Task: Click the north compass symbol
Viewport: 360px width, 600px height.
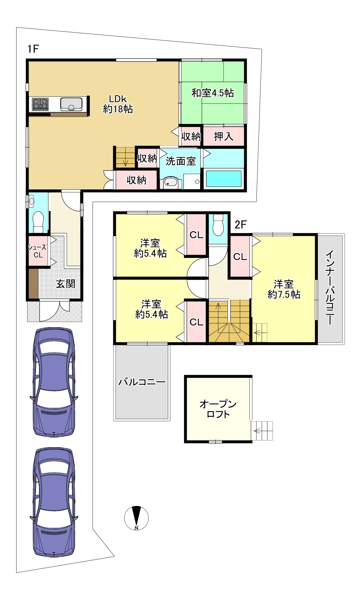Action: pos(136,518)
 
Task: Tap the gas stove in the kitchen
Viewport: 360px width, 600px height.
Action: pos(40,104)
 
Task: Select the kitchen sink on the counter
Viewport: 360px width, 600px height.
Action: pos(71,104)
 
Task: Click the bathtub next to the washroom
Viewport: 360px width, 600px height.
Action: pos(223,179)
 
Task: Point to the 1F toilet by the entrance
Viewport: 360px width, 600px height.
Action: pos(38,222)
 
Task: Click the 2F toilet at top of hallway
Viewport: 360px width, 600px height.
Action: pos(218,225)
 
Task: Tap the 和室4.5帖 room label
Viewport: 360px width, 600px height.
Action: pos(213,93)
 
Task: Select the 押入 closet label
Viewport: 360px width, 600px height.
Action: pos(223,136)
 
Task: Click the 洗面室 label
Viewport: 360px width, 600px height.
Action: pos(181,161)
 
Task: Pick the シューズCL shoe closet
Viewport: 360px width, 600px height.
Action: pos(38,251)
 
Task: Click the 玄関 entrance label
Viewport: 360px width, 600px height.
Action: pos(66,284)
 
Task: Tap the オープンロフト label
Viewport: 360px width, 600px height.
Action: pos(218,409)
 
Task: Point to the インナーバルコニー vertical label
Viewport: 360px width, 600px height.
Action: pos(330,288)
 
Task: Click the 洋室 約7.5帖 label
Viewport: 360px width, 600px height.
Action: pos(284,289)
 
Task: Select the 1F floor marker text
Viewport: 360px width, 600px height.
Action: pos(33,49)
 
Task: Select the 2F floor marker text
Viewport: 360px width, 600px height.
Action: pos(241,225)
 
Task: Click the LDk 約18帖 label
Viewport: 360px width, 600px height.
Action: pos(118,104)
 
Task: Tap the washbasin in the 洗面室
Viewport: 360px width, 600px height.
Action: pos(171,182)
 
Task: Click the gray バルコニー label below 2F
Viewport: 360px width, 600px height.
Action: pos(142,382)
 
